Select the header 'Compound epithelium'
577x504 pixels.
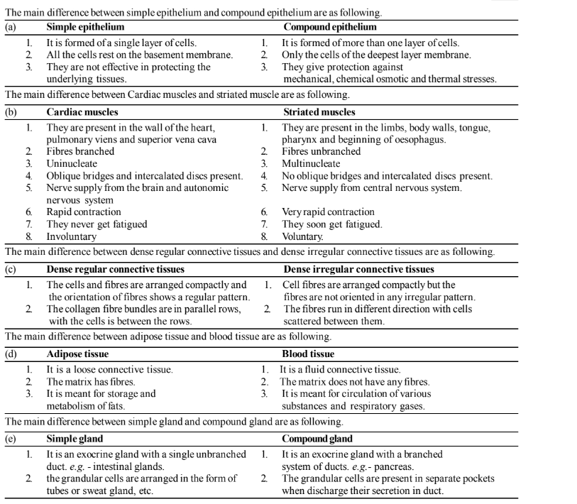click(x=330, y=27)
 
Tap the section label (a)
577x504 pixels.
click(x=10, y=27)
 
